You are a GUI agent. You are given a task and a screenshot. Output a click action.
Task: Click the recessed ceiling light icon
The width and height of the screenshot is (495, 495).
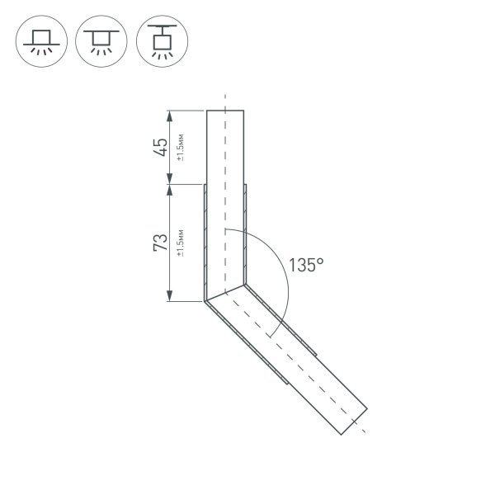click(40, 40)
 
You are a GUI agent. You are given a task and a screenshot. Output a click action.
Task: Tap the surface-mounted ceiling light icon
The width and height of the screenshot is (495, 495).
click(101, 40)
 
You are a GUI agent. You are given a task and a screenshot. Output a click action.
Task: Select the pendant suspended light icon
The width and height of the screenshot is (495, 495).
click(161, 40)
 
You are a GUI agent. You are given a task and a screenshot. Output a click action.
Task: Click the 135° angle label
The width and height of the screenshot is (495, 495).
click(306, 265)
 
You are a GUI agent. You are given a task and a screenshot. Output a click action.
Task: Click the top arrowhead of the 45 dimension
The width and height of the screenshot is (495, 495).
click(169, 114)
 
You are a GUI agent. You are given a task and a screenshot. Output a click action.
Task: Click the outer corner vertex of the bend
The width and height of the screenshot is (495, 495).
click(205, 301)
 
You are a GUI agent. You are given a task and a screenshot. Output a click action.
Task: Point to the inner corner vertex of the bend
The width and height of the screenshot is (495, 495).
click(245, 285)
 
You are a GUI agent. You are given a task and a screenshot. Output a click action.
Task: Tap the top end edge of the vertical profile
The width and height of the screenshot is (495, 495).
click(224, 110)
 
